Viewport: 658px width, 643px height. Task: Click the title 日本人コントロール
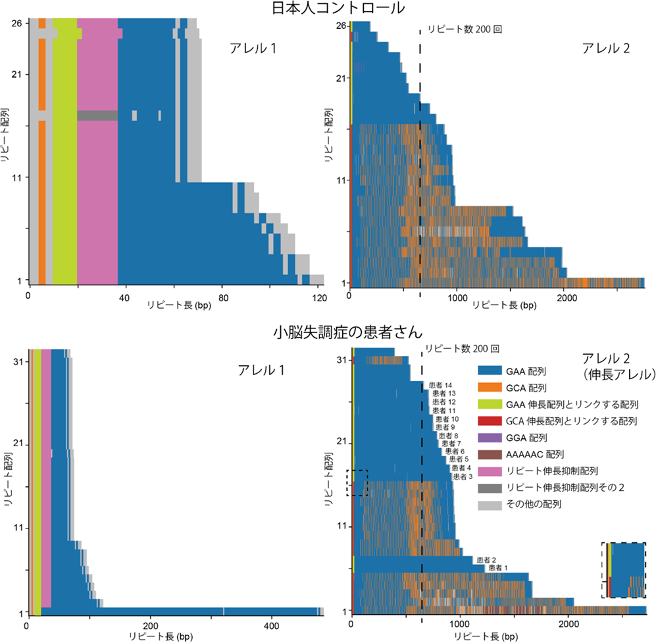click(x=328, y=9)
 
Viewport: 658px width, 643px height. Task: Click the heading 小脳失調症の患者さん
click(x=328, y=332)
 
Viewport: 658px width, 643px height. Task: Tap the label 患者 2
click(x=487, y=559)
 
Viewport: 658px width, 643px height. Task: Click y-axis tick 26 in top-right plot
click(x=341, y=26)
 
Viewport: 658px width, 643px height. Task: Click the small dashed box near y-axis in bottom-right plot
click(x=357, y=482)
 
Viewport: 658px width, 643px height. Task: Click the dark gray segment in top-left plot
click(x=97, y=116)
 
